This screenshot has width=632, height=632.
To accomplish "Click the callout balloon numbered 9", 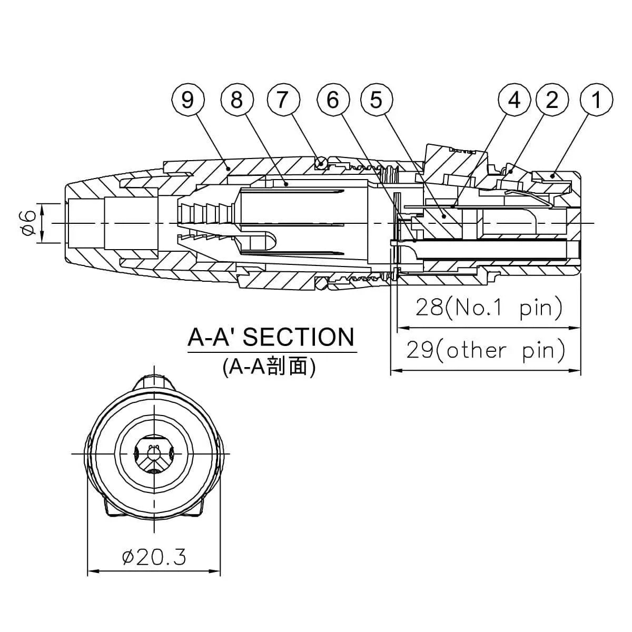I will click(x=187, y=100).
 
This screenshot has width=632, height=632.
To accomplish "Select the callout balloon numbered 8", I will click(x=236, y=100).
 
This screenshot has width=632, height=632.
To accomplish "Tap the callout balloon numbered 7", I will click(x=283, y=100).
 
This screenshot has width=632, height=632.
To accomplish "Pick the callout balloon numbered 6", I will click(x=333, y=100).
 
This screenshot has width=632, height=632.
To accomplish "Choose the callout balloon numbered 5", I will click(x=376, y=100).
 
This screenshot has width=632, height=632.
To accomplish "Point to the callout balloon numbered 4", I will click(x=515, y=100).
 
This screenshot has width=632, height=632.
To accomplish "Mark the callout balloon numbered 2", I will click(x=552, y=100).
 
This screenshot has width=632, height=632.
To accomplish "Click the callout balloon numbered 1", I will click(x=596, y=100).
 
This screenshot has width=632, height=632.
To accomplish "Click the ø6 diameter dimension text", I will click(x=30, y=223).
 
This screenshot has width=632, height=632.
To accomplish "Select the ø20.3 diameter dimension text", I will click(x=154, y=557).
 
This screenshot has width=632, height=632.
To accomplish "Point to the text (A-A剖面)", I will click(x=269, y=367).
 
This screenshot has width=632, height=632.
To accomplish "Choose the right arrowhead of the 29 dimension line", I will click(x=577, y=371).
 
